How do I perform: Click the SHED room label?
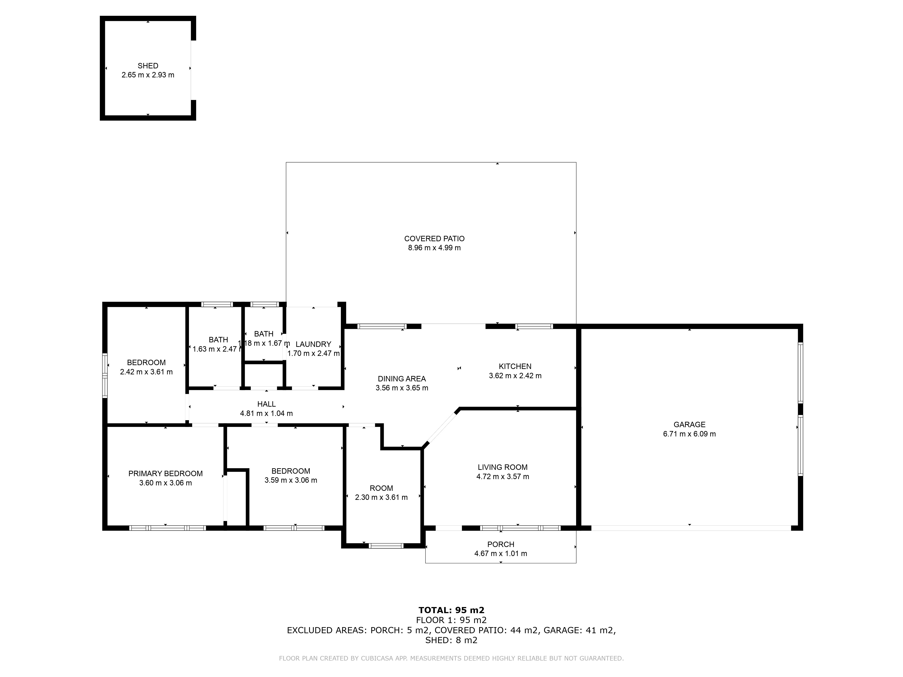click(x=148, y=66)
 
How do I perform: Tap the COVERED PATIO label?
click(x=434, y=239)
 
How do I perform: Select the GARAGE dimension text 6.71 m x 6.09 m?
click(x=689, y=434)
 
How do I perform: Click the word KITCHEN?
click(x=515, y=366)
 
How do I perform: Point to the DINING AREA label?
click(x=402, y=379)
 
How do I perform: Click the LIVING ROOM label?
click(x=503, y=467)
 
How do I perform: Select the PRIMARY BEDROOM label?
click(x=165, y=473)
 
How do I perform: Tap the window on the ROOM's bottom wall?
click(x=386, y=546)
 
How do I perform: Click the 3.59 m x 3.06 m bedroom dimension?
click(x=291, y=480)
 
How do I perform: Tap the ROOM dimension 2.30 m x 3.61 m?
click(x=381, y=497)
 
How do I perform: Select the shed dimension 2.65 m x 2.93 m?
click(x=148, y=75)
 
